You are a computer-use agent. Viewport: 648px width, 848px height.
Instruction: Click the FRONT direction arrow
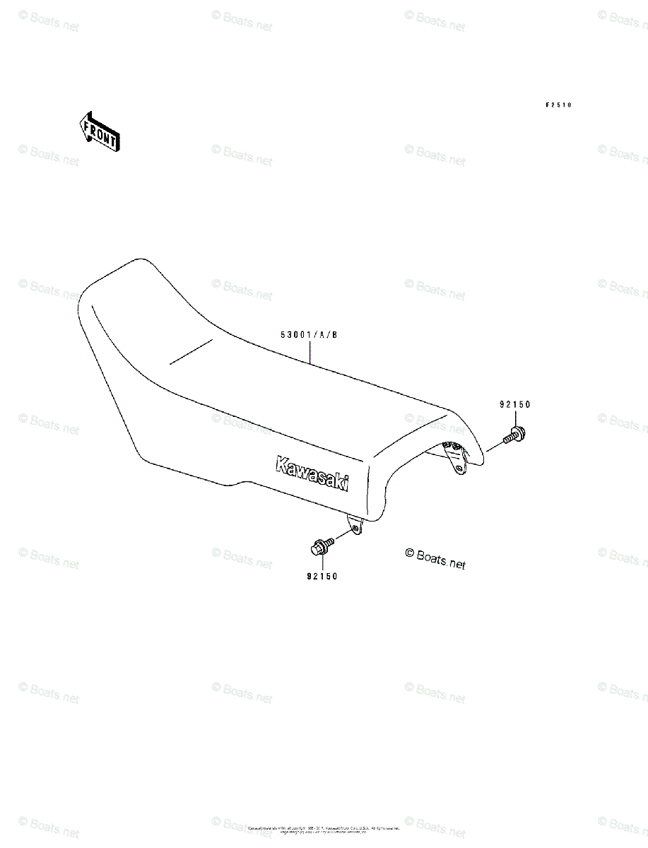click(99, 132)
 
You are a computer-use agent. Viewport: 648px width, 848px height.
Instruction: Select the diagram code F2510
click(558, 105)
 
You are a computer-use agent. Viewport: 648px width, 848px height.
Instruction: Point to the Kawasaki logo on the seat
click(312, 472)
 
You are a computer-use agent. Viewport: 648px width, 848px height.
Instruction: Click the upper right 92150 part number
click(514, 405)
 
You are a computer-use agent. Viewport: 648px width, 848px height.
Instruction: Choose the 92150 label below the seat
click(322, 576)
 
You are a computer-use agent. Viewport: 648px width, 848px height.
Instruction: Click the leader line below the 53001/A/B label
click(311, 352)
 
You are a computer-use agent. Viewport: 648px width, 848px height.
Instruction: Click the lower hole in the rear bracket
click(459, 469)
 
